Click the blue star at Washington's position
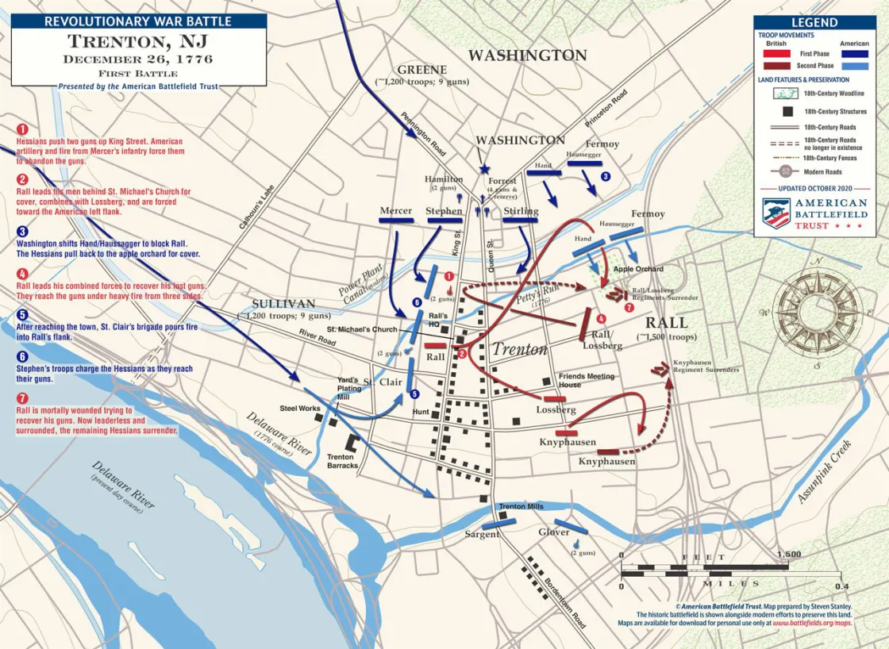point(484,169)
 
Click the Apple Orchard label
point(638,269)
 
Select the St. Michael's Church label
point(362,329)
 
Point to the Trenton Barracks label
point(343,461)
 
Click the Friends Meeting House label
point(587,380)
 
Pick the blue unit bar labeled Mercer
point(397,221)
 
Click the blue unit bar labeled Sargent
point(498,523)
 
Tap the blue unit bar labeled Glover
point(571,525)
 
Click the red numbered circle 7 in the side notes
point(22,398)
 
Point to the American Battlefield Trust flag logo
point(775,213)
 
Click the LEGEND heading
point(814,23)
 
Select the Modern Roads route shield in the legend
point(785,171)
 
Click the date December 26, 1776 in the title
point(138,59)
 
